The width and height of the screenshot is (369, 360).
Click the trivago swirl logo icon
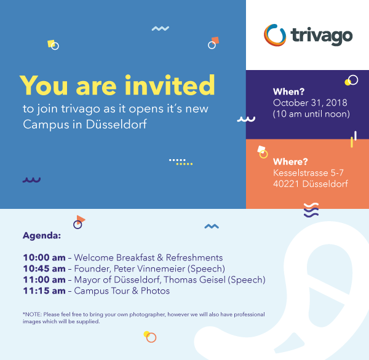275,35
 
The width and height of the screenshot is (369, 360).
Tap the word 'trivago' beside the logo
322,36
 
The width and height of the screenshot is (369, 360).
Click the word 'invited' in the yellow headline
170,85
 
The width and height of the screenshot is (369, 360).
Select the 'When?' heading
289,92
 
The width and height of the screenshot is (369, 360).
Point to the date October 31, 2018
310,103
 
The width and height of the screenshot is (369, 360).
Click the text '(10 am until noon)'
311,114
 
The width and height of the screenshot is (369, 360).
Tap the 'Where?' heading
290,162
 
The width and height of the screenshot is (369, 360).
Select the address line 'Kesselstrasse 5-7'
308,173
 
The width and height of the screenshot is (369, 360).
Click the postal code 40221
286,184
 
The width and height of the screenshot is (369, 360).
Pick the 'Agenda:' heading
42,235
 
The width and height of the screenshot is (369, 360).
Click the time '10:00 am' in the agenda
44,257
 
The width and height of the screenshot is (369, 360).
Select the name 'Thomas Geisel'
194,280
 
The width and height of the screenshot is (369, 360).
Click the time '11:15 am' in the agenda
44,291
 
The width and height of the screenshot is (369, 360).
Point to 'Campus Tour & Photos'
122,291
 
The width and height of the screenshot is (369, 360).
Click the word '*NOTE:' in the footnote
32,315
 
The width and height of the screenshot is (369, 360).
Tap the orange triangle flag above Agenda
81,219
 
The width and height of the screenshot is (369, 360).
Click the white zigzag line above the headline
161,28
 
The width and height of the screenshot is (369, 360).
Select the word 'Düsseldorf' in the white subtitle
116,124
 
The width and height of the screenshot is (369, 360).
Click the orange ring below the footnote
151,338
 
